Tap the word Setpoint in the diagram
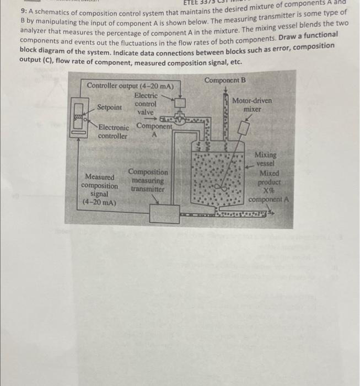click(109, 108)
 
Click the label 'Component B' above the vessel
click(225, 81)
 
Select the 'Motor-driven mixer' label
click(252, 105)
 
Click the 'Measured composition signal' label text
click(99, 189)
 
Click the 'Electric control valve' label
click(146, 104)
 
